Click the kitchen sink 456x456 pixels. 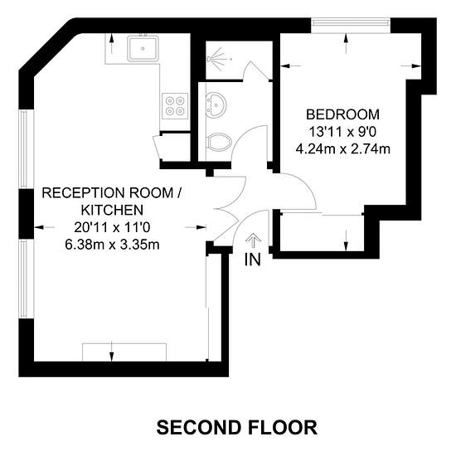pos(143,48)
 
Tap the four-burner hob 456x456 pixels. pos(175,106)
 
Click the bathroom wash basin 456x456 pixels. pos(216,105)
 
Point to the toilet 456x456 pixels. pos(219,143)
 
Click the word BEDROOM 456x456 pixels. pos(343,114)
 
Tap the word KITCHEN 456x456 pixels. pos(112,211)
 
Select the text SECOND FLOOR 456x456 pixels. pos(237,428)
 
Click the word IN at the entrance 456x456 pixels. pos(252,260)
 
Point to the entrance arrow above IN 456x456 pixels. pos(254,240)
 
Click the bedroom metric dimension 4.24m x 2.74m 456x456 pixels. pos(343,149)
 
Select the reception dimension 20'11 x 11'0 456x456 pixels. pos(112,227)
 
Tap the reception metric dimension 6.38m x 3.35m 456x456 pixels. pos(112,245)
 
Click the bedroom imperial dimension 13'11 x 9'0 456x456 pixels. pos(342,132)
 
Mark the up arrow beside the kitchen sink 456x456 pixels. pos(111,44)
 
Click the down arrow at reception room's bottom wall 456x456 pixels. pos(112,352)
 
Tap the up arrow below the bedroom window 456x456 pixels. pos(346,43)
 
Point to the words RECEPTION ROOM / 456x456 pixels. pos(112,193)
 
